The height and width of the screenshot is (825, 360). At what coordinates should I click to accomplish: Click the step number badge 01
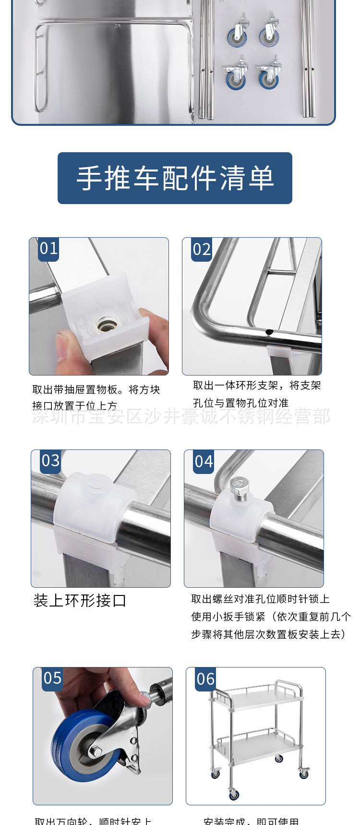[x=48, y=249]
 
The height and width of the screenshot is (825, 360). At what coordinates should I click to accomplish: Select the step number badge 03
[x=50, y=461]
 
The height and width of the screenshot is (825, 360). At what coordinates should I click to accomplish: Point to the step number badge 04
[x=204, y=462]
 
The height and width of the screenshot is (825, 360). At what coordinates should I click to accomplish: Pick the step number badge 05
[x=52, y=679]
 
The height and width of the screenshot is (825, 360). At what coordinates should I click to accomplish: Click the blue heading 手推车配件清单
[x=175, y=178]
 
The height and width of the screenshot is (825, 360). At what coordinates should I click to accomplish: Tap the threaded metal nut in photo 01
[x=106, y=326]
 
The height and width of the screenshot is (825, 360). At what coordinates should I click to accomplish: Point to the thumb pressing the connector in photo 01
[x=61, y=345]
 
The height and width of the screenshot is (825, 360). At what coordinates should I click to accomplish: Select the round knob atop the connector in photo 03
[x=97, y=483]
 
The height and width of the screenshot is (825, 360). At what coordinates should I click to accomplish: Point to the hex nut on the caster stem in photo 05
[x=144, y=698]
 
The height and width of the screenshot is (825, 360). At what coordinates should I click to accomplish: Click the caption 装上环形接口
[x=80, y=600]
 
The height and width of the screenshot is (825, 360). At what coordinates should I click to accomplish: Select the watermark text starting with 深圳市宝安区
[x=181, y=416]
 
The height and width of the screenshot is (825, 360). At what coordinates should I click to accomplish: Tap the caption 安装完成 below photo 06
[x=251, y=821]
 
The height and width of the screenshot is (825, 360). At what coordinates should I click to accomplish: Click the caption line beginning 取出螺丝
[x=260, y=599]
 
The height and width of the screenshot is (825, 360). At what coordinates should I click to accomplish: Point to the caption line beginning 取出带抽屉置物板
[x=96, y=389]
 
